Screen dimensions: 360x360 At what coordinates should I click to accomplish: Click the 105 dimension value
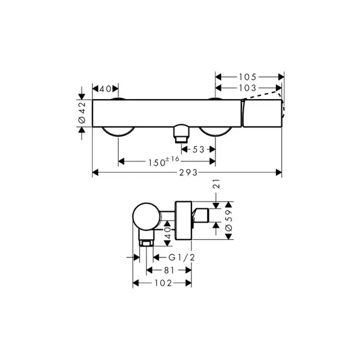[x=247, y=77]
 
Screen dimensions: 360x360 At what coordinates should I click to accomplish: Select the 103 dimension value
[x=247, y=88]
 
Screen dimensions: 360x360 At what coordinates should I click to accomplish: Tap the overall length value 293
[x=188, y=172]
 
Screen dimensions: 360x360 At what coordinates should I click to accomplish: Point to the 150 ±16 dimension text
[x=164, y=161]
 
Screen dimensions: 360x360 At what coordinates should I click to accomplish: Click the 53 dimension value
[x=199, y=149]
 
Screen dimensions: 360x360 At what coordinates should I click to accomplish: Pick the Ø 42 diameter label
[x=82, y=113]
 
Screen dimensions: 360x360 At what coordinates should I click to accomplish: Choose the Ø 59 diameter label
[x=229, y=220]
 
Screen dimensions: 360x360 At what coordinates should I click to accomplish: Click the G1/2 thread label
[x=182, y=257]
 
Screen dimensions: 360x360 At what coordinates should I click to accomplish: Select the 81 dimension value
[x=169, y=271]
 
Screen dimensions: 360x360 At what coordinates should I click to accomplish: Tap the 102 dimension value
[x=163, y=283]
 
